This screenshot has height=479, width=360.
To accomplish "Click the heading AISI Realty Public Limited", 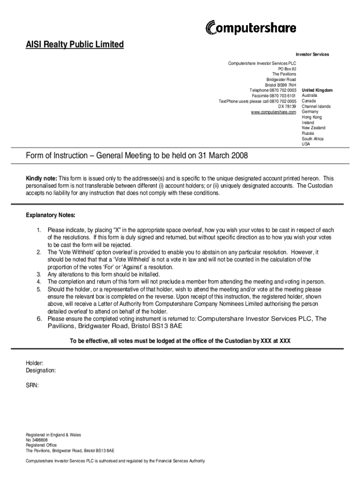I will click(x=74, y=45).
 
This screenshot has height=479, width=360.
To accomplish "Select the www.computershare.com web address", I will click(x=274, y=112).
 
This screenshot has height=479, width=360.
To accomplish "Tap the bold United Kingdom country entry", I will click(x=317, y=90).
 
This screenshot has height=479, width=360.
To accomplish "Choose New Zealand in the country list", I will click(x=313, y=128).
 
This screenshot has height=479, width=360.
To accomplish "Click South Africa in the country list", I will click(x=312, y=139).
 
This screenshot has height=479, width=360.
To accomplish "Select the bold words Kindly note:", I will click(x=41, y=179).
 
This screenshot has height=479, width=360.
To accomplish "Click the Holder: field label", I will click(x=35, y=363).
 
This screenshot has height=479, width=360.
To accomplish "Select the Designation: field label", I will click(x=41, y=370).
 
